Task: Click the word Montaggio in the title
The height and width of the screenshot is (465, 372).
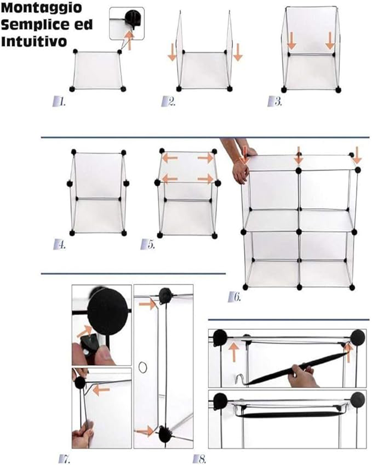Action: click(41, 8)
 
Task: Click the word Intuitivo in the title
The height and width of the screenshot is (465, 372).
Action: click(34, 41)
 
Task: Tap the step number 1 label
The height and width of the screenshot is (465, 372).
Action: click(60, 102)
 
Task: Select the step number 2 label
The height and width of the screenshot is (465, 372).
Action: click(168, 102)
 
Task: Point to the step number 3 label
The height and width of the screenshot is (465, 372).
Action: click(275, 102)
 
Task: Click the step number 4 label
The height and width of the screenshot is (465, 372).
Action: click(60, 245)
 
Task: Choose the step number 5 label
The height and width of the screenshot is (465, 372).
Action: click(148, 245)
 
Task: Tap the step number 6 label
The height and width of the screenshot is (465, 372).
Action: click(234, 297)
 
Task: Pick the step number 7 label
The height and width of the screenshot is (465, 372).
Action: click(65, 459)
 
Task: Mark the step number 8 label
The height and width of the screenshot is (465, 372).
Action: click(199, 459)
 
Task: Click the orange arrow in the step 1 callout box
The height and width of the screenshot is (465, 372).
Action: click(129, 40)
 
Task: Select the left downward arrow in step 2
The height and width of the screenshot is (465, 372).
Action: click(172, 53)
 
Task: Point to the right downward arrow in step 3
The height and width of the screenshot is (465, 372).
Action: click(330, 41)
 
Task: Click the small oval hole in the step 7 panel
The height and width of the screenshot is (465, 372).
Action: click(143, 367)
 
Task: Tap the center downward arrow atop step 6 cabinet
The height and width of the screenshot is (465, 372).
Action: click(299, 155)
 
